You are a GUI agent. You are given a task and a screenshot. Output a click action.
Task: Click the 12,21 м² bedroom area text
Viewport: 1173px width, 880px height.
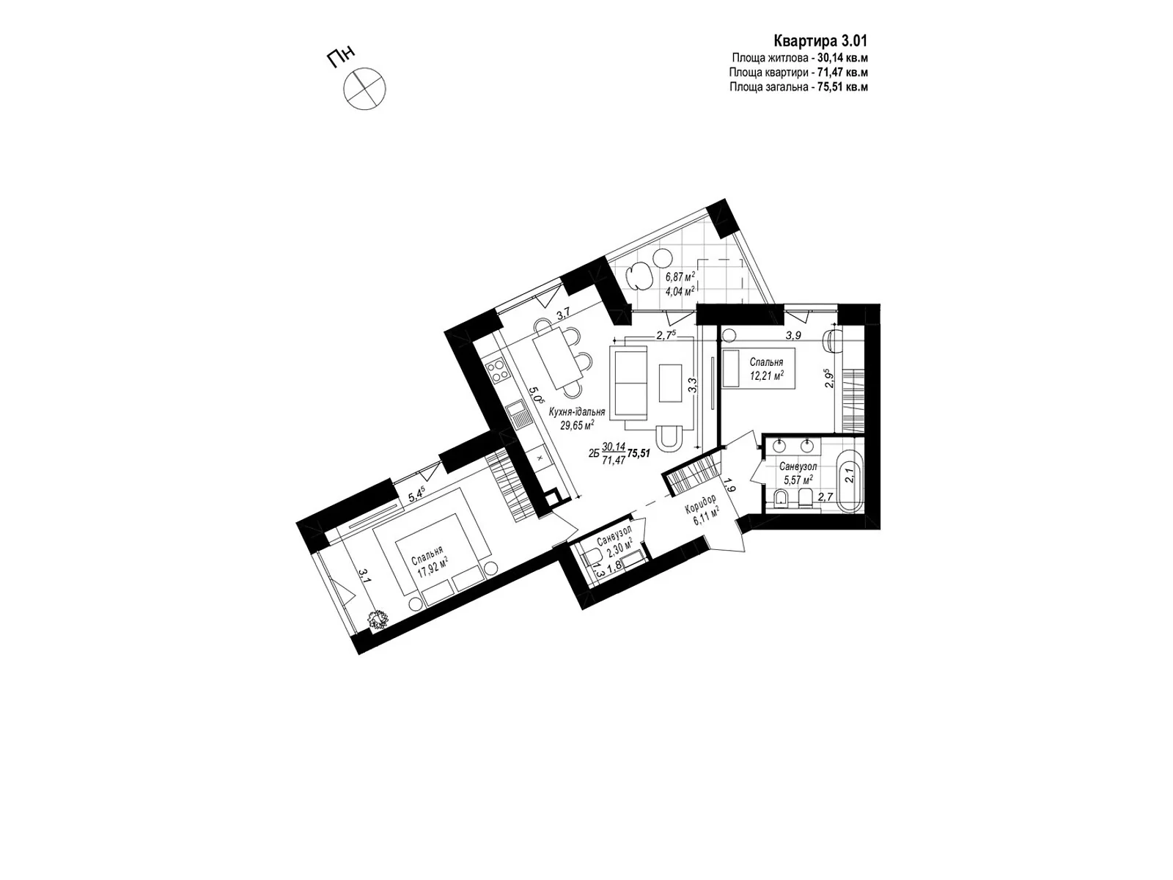point(766,375)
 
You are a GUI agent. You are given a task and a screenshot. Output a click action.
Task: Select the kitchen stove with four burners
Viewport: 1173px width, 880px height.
point(499,371)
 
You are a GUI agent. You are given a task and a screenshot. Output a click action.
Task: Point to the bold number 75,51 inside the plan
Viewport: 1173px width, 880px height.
point(639,454)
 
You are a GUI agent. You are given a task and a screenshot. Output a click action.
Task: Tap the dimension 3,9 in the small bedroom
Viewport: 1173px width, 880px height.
point(793,336)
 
